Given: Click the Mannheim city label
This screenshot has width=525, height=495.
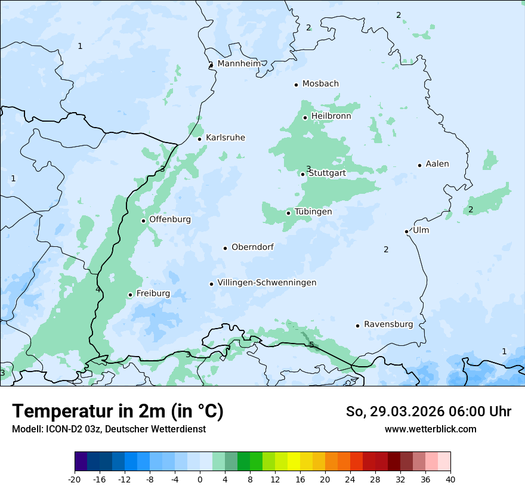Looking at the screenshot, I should click(239, 63).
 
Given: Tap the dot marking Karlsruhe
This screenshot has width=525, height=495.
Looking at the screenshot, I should click(200, 139).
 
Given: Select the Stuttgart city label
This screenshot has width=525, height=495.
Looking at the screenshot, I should click(327, 173).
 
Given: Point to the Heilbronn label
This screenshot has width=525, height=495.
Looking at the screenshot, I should click(331, 116).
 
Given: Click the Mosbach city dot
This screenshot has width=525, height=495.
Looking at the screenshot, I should click(296, 85).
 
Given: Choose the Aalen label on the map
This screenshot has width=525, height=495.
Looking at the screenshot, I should click(437, 164).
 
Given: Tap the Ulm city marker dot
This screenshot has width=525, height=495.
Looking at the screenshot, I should click(406, 231).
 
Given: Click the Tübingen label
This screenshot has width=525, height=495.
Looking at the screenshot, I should click(313, 212).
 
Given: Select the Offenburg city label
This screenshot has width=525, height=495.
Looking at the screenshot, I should click(170, 219).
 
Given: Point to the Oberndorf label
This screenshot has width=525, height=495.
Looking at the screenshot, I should click(252, 247).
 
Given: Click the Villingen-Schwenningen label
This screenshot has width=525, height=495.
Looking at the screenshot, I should click(267, 283).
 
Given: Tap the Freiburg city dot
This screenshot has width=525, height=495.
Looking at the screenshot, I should click(130, 295).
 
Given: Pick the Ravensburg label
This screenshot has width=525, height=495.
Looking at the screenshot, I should click(388, 324).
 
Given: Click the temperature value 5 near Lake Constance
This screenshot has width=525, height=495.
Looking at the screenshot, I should click(311, 345).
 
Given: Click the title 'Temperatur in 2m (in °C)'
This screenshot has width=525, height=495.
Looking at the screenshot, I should click(118, 412).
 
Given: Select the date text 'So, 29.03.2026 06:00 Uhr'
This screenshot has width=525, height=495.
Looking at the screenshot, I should click(428, 412).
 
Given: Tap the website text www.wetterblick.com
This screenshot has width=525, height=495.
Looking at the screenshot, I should click(430, 429).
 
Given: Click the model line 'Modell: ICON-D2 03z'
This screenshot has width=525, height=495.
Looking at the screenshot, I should click(109, 429).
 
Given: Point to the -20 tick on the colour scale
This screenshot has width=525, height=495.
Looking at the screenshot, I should click(75, 479).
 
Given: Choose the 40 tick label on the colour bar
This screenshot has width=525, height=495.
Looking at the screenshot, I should click(450, 479).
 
